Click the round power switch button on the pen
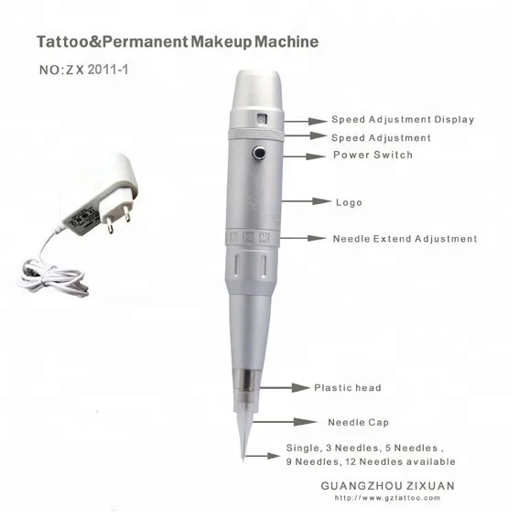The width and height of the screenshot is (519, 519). pos(260,153)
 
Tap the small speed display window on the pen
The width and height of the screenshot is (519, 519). pos(263,119)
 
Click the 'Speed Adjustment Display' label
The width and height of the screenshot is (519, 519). pos(403,120)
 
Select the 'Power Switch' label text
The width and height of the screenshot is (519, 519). pos(373,155)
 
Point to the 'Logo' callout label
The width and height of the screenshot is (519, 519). pos(349,202)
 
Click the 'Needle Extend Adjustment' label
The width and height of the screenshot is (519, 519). pos(405,239)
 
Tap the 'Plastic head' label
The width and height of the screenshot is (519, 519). pos(348,387)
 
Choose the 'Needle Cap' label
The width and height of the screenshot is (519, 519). pos(359,423)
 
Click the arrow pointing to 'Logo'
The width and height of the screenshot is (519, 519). pos(306,200)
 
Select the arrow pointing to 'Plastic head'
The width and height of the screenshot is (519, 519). pos(285,387)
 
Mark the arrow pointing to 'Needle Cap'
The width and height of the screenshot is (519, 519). pos(285,422)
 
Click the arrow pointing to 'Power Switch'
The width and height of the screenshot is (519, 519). pos(305,157)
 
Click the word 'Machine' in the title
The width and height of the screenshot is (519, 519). pos(287,42)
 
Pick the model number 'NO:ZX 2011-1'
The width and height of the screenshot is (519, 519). pos(83,70)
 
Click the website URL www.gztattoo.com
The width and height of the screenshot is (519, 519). pos(387,498)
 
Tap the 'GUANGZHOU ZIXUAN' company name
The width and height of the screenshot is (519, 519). pos(387,485)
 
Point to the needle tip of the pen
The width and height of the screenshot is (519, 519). pos(243,460)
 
